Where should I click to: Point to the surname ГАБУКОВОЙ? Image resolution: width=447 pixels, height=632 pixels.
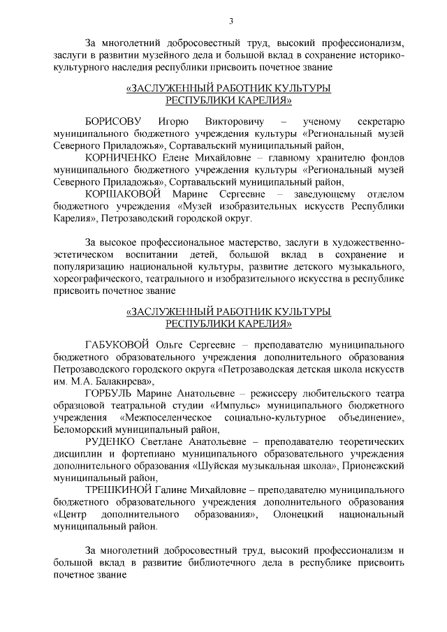(115, 345)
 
